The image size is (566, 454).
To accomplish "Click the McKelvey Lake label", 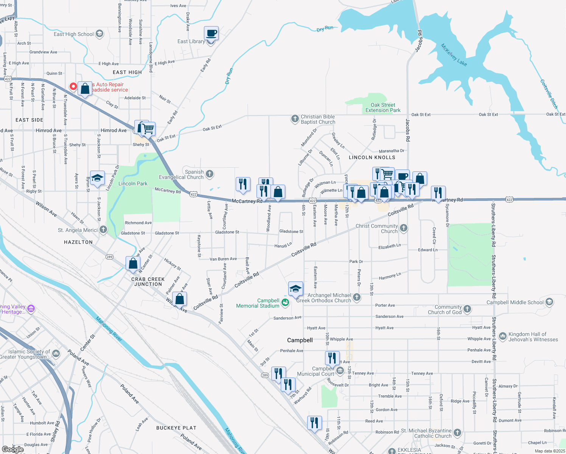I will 454,55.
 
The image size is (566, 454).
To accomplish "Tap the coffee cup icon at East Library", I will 211,33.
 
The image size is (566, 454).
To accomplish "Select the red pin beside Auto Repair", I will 73,87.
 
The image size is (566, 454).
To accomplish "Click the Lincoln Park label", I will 133,183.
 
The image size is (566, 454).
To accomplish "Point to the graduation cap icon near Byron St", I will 97,178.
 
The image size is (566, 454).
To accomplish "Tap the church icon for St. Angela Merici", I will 103,230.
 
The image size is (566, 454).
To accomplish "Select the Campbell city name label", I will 300,340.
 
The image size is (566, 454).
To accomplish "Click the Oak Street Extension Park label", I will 383,107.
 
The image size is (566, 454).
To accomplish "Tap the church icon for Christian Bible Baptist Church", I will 295,119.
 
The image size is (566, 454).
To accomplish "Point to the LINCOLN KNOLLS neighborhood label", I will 372,157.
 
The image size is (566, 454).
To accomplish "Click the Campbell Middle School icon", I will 549,302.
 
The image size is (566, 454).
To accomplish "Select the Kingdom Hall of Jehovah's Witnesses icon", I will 503,336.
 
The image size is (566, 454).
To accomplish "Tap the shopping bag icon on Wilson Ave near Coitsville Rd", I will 180,299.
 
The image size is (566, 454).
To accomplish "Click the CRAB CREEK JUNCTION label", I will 148,281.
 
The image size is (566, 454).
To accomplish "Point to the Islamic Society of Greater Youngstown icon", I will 56,354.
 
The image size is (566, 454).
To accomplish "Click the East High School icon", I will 100,34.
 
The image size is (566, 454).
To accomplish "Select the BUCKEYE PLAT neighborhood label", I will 176,428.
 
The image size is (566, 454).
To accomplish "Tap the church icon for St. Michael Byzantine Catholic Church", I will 457,432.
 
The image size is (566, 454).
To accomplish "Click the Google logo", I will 13,449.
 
